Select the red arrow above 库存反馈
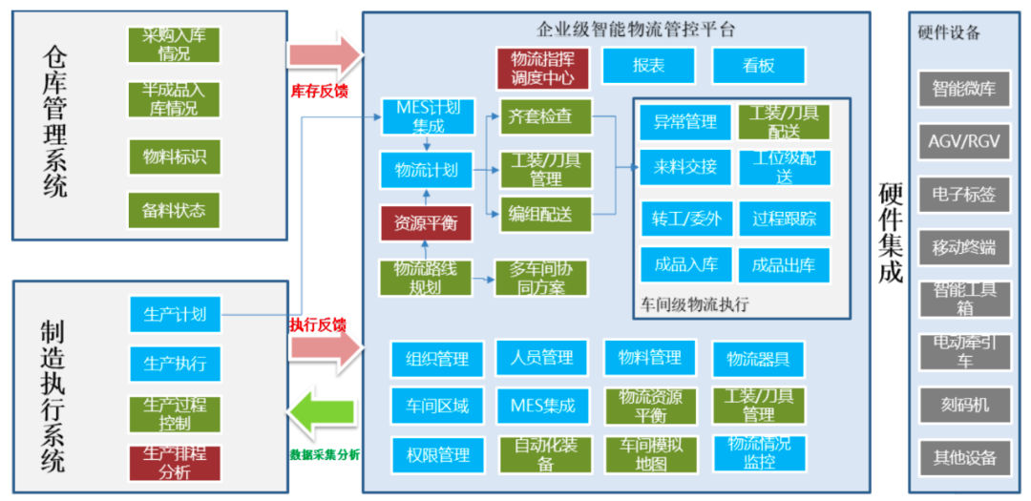pyautogui.click(x=326, y=55)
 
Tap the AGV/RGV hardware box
pyautogui.click(x=963, y=141)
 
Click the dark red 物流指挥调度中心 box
pyautogui.click(x=541, y=67)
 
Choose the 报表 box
pyautogui.click(x=648, y=66)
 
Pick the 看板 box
pyautogui.click(x=758, y=66)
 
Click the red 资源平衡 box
pyautogui.click(x=426, y=223)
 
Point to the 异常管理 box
pyautogui.click(x=684, y=122)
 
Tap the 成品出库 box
pyautogui.click(x=784, y=264)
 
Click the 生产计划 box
pyautogui.click(x=175, y=314)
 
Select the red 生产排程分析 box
pyautogui.click(x=175, y=462)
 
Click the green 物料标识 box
pyautogui.click(x=175, y=157)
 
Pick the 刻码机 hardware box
pyautogui.click(x=963, y=404)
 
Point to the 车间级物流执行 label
pyautogui.click(x=694, y=304)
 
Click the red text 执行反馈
pyautogui.click(x=318, y=324)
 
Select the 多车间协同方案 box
pyautogui.click(x=540, y=278)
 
